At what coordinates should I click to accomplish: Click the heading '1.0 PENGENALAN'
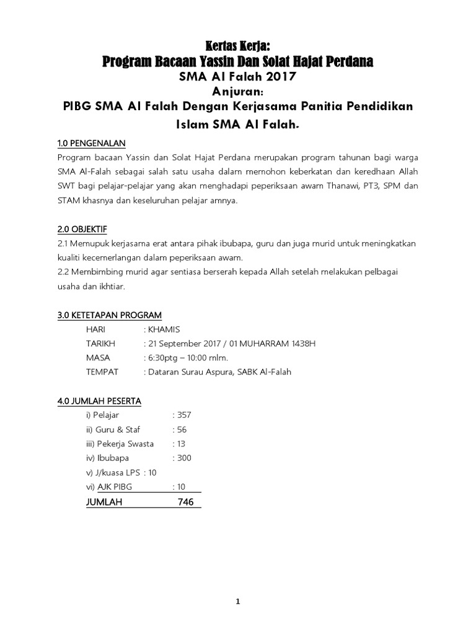point(91,144)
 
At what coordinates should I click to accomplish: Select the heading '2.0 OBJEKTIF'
point(82,229)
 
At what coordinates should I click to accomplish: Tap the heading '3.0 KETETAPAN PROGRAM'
point(109,315)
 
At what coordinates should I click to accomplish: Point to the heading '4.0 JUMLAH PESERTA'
point(99,401)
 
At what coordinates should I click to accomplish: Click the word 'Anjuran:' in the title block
point(238,91)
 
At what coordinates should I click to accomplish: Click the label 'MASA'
point(99,357)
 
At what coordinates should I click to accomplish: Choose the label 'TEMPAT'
point(102,371)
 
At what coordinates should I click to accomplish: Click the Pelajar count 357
point(184,415)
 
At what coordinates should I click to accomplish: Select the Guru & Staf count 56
point(182,429)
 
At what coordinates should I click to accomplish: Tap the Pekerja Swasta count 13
point(181,444)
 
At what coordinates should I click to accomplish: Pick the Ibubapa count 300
point(184,458)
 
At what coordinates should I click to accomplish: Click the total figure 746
point(185,502)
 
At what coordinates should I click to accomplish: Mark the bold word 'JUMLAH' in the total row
point(105,502)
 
